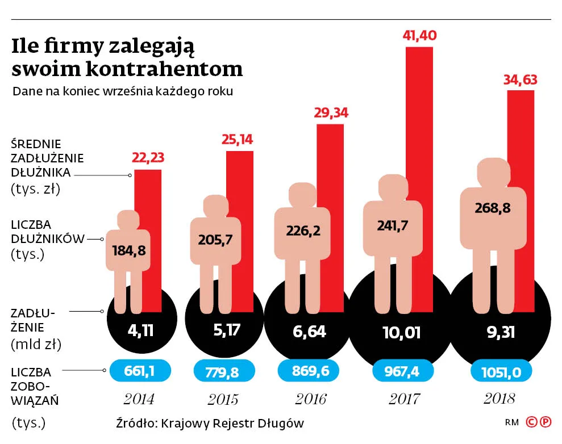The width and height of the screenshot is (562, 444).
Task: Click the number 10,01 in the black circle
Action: tap(402, 332)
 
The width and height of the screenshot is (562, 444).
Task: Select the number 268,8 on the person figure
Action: tap(492, 208)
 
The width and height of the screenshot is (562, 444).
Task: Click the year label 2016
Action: tap(310, 399)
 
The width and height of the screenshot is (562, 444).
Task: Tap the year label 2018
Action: tap(499, 399)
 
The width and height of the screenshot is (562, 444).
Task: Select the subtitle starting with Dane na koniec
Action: tap(123, 91)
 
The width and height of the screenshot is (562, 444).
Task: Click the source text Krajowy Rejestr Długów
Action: tap(232, 423)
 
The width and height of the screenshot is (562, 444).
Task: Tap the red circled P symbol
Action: tap(545, 422)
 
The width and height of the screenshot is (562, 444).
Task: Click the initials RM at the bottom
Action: tap(511, 423)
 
